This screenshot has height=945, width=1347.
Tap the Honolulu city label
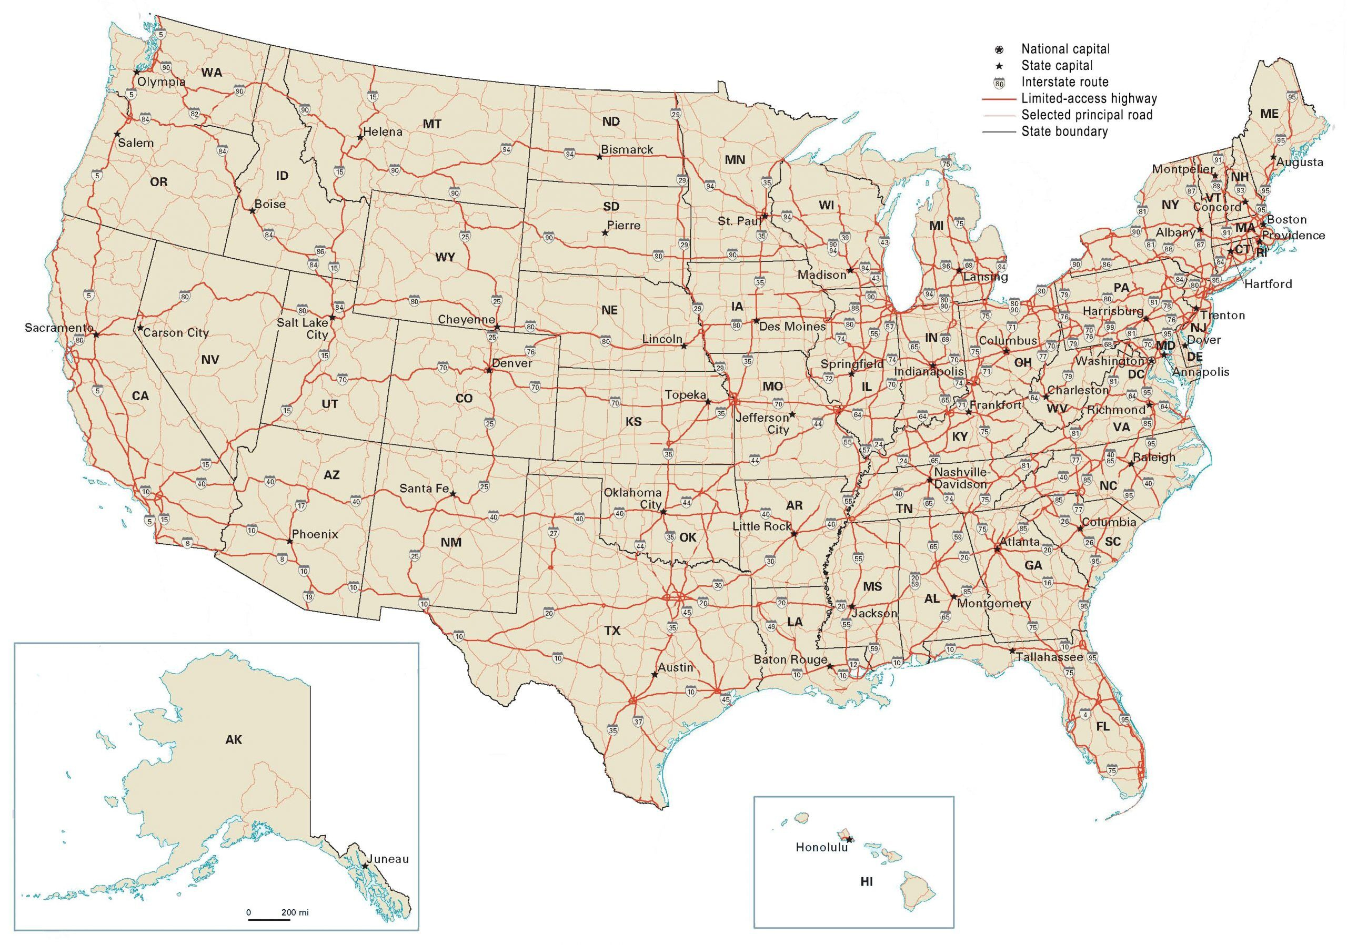[x=821, y=847]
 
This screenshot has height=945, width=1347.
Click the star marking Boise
[x=252, y=210]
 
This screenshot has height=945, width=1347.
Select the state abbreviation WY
[x=445, y=257]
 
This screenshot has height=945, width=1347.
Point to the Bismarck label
[x=627, y=149]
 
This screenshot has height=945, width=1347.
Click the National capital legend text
[x=1065, y=49]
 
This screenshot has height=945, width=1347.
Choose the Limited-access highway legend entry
[x=1089, y=98]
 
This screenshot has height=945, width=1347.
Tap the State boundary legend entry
[x=1064, y=131]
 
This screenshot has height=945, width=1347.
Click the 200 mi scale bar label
[x=295, y=912]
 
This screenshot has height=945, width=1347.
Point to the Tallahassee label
[x=1050, y=657]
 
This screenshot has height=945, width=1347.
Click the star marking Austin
[x=654, y=675]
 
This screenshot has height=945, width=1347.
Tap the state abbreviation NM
[x=450, y=542]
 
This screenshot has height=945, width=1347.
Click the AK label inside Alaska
[x=234, y=740]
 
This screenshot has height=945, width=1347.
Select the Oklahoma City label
[x=633, y=499]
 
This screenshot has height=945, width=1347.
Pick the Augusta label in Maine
[x=1300, y=162]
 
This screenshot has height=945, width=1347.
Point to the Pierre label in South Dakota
[x=624, y=226]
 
